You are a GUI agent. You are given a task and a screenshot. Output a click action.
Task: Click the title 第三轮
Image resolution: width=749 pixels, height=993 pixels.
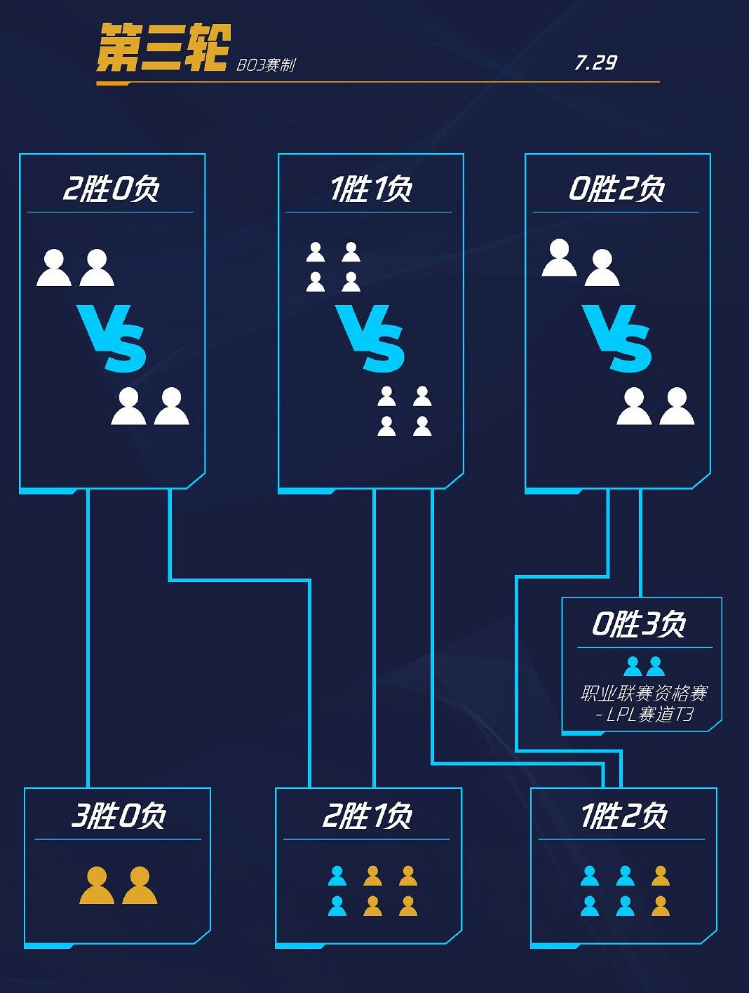pos(163,48)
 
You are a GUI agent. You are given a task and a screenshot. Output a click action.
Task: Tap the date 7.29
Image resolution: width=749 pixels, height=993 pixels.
pos(595,63)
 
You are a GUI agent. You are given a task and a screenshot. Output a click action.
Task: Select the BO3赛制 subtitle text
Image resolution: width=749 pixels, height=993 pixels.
pos(266,65)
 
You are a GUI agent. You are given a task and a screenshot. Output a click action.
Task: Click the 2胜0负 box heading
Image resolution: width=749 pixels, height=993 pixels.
pos(112,189)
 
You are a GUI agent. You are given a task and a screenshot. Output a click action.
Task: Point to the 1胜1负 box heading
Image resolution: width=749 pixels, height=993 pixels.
pos(371,189)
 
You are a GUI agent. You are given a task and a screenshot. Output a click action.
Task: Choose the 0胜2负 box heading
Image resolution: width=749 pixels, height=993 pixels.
pos(616,189)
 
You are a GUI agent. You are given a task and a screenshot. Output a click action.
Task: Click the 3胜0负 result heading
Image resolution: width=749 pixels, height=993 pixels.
pos(119,816)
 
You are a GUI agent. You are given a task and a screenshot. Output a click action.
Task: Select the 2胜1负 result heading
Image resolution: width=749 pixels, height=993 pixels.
pos(367,816)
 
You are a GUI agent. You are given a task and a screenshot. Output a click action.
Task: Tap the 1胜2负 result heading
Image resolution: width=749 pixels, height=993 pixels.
pos(623,816)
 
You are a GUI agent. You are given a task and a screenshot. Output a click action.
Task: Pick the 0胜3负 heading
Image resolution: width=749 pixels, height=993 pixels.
pos(639,623)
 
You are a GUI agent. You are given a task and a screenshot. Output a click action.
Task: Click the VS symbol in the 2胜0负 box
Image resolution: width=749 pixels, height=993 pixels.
pos(112,338)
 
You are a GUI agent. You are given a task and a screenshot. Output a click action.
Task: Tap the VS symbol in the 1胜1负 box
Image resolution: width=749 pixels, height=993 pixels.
pos(371,338)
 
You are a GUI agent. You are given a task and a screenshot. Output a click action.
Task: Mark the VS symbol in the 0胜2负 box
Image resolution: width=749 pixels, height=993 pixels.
pos(618,338)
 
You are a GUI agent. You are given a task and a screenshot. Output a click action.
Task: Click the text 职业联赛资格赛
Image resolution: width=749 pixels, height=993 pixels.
pos(644,694)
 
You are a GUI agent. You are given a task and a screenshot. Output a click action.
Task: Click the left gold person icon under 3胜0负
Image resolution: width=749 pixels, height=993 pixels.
pos(97,885)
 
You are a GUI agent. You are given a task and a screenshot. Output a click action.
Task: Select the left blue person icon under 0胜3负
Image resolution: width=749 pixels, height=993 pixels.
pos(633,666)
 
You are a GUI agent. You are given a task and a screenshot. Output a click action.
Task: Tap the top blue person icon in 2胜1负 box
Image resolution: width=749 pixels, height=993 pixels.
pos(337,876)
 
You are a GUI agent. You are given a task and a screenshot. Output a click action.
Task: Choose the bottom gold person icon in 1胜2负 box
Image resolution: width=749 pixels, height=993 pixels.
pos(660,906)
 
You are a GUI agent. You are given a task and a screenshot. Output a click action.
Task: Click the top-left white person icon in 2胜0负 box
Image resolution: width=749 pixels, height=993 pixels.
pos(54,268)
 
